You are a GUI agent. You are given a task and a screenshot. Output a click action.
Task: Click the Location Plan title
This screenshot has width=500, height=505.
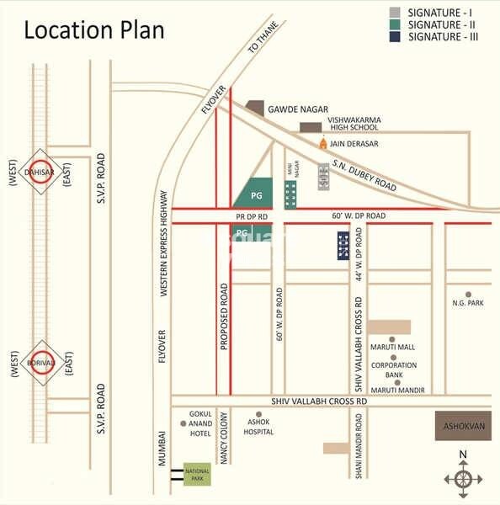93,31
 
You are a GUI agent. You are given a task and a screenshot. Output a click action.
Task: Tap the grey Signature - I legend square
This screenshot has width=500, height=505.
394,13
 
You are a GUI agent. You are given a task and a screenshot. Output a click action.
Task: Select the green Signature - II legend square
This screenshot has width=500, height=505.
394,24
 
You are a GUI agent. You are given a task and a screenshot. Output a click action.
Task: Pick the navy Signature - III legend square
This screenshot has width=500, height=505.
394,37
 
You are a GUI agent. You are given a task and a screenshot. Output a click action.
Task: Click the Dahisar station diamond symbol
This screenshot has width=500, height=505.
38,172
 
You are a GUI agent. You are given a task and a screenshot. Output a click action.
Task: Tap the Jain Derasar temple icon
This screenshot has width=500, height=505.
322,144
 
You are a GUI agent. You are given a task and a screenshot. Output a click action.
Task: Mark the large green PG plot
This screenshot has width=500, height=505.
255,193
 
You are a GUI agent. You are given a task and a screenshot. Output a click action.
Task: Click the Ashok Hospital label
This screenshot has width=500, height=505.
258,427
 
